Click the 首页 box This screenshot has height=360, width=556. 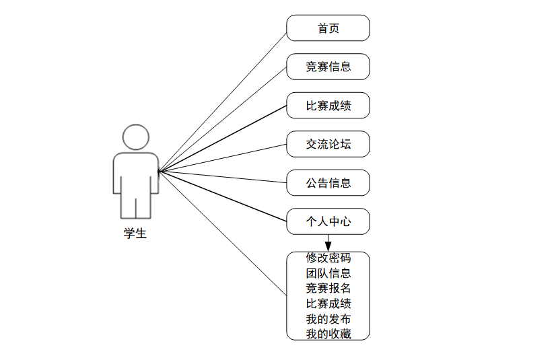pos(328,28)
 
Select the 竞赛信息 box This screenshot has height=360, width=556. pos(328,67)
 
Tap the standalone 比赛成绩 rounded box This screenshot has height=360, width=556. pos(328,106)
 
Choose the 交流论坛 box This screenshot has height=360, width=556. pos(328,144)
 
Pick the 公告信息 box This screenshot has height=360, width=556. pos(328,182)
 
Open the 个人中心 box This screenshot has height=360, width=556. pos(328,221)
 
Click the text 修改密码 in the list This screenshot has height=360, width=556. pos(328,258)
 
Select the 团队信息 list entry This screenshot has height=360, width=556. pos(328,273)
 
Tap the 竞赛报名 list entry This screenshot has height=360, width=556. pos(328,289)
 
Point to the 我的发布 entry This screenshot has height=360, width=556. pos(328,319)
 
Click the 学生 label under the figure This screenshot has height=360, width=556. pos(135,234)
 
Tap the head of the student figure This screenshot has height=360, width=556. pos(136,137)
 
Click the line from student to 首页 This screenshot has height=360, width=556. pos(222,102)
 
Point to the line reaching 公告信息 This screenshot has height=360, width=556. pos(222,177)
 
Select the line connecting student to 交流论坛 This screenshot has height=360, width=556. pos(222,158)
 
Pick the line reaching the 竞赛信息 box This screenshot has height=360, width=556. pos(222,120)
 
